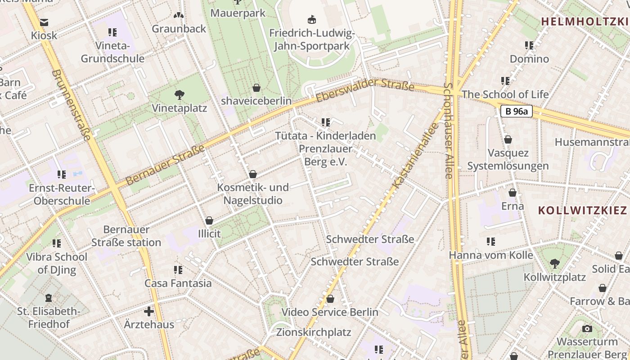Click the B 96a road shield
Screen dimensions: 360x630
(x=516, y=111)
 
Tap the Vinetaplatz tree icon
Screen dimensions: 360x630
(x=180, y=95)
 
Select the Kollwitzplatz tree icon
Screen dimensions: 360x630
(x=555, y=264)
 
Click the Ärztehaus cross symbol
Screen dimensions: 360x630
(x=149, y=311)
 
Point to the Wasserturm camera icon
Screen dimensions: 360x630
(x=587, y=328)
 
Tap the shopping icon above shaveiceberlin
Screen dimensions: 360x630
(x=256, y=87)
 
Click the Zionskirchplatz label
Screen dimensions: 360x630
(x=314, y=333)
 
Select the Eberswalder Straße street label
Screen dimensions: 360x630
(x=365, y=90)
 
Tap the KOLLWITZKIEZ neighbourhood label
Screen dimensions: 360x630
(x=582, y=210)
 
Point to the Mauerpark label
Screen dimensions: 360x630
(x=238, y=13)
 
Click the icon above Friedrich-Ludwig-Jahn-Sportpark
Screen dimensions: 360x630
(x=312, y=19)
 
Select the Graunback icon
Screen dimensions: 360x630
(x=179, y=16)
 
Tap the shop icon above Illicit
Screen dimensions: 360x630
(x=209, y=220)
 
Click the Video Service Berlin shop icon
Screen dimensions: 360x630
(x=330, y=299)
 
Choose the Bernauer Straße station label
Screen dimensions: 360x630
(x=126, y=236)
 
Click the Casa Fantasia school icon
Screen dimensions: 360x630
(x=178, y=270)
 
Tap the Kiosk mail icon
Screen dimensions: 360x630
(x=44, y=22)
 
